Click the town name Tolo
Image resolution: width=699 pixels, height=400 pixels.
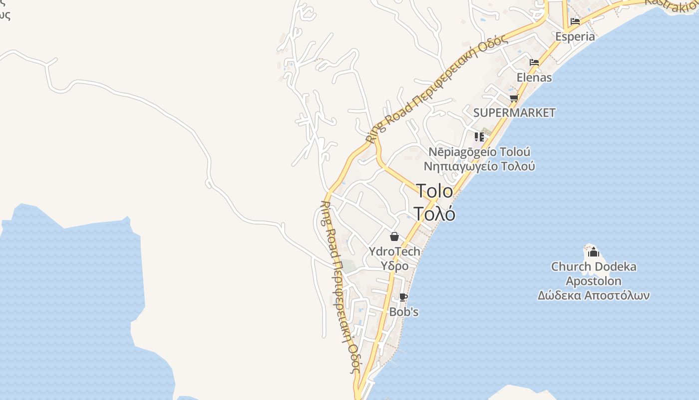point(434,191)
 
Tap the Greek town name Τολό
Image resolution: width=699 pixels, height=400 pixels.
point(434,213)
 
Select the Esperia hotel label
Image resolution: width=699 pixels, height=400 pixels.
point(575,36)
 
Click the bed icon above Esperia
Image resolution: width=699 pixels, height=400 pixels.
point(575,21)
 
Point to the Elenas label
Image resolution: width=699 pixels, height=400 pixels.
point(534,77)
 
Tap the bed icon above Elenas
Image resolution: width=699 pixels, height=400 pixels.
point(534,62)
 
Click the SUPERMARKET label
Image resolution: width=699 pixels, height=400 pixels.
point(514,113)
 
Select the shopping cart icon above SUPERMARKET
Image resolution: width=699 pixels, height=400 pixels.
point(514,98)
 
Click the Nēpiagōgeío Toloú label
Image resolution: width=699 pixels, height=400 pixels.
point(479,152)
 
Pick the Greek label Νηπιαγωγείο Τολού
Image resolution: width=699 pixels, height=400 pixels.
point(479,166)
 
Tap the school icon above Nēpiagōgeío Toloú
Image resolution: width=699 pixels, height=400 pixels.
point(479,136)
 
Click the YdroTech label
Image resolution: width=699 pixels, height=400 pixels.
point(394,251)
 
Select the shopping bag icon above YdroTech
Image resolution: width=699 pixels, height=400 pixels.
point(394,236)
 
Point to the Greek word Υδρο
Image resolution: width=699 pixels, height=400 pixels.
point(394,266)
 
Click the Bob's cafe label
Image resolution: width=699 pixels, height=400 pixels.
point(403,312)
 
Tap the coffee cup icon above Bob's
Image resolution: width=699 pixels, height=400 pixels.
point(403,297)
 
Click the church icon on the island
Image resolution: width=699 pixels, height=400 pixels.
point(593,252)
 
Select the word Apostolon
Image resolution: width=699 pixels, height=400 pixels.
point(593,281)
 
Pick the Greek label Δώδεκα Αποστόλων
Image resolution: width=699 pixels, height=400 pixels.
point(593,295)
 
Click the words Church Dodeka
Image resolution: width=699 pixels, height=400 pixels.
point(593,266)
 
